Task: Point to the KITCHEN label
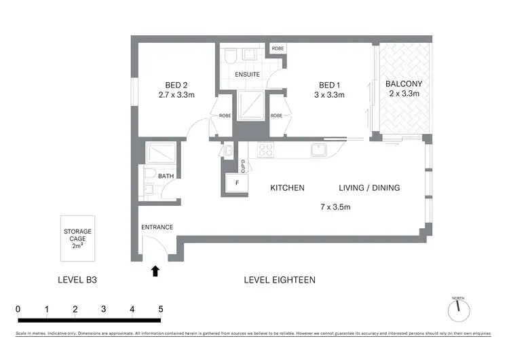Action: tap(287, 188)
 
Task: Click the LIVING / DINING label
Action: tap(369, 188)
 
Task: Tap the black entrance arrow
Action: tap(155, 270)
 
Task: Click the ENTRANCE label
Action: tap(157, 227)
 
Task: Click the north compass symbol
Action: tap(458, 310)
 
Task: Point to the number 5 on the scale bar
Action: tap(160, 309)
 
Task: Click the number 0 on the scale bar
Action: tap(18, 309)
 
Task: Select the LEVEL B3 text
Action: tap(77, 280)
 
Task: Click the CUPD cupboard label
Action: tap(243, 164)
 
